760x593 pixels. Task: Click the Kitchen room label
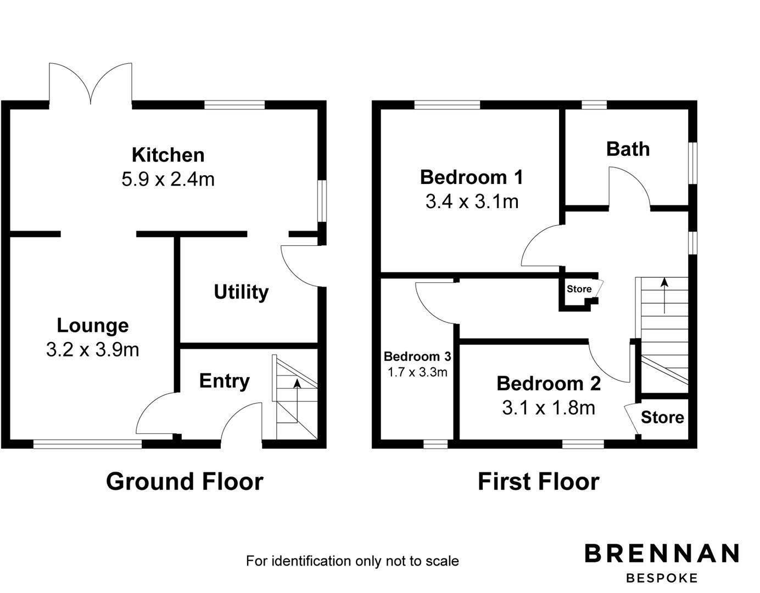168,155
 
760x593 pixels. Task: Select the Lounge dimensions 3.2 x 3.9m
92,350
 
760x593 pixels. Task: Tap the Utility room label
241,292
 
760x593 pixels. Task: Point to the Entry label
224,381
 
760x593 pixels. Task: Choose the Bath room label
628,149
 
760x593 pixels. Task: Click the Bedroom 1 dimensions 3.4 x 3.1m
472,202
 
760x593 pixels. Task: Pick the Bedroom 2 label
548,383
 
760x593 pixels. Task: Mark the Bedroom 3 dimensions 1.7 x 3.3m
417,372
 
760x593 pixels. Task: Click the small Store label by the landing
579,289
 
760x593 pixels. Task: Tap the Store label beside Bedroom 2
662,417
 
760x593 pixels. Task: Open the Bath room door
630,187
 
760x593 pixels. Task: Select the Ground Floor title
185,482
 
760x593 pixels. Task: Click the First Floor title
538,482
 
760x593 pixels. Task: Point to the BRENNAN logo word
662,553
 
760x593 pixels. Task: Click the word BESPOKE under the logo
662,578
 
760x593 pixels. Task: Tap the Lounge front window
88,444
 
